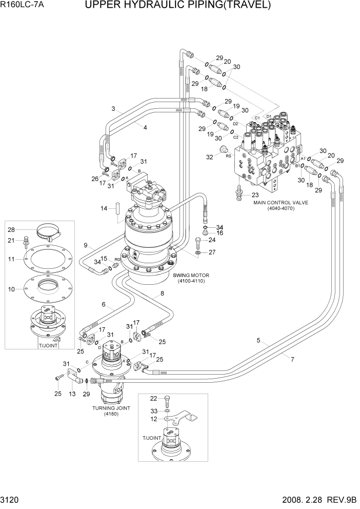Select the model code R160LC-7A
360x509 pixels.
click(22, 6)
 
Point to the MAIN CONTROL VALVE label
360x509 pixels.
click(281, 203)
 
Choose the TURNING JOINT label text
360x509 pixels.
click(111, 408)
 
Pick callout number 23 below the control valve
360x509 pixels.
click(255, 194)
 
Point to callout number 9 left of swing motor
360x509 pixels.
click(86, 244)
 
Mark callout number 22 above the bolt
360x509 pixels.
click(153, 398)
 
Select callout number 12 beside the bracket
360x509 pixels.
click(153, 419)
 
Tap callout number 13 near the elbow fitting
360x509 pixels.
click(72, 394)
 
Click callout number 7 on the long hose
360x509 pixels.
click(292, 359)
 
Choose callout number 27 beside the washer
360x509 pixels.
click(212, 252)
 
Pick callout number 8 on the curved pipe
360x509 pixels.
click(162, 293)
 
